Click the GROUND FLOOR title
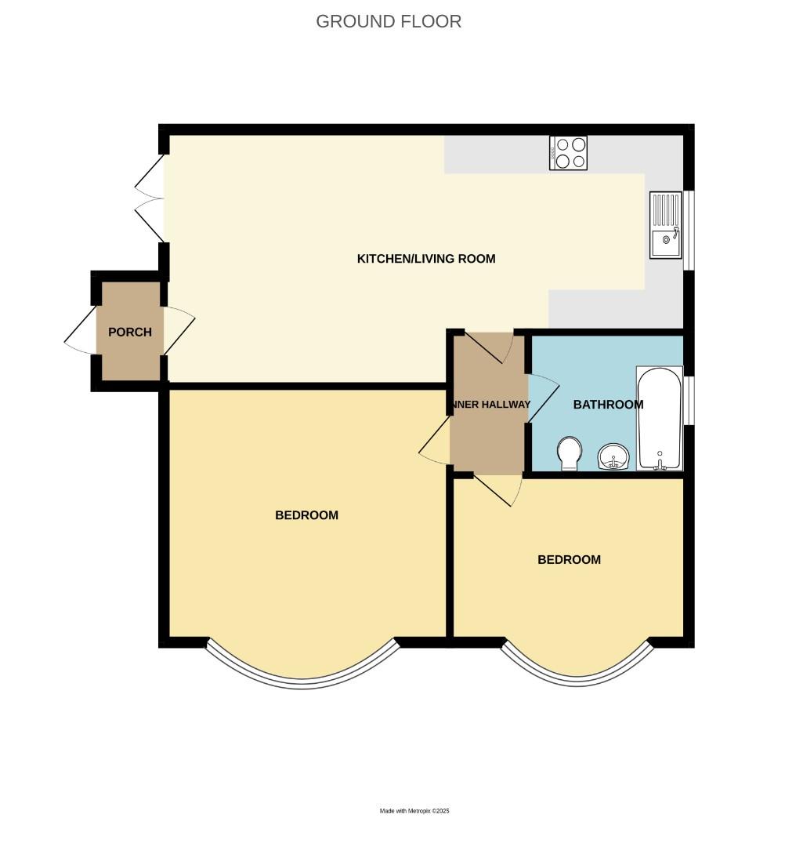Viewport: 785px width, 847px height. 389,21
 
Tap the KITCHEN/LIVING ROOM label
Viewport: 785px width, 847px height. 426,259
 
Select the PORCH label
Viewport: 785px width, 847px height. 130,332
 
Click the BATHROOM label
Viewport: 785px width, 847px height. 608,405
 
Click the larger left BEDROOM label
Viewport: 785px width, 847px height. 306,515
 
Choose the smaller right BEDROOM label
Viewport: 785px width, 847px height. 569,560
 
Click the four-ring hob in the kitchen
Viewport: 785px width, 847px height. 569,153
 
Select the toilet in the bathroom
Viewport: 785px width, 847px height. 570,453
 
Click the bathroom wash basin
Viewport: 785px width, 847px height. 613,456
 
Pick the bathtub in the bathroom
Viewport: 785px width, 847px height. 660,418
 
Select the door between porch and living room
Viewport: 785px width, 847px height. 178,332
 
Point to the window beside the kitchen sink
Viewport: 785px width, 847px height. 688,231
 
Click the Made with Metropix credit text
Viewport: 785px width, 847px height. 414,811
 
